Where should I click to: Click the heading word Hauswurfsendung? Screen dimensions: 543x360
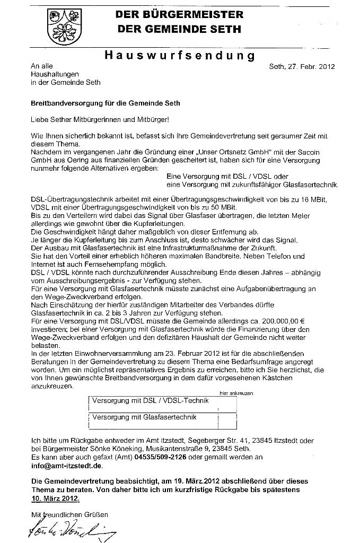[180, 55]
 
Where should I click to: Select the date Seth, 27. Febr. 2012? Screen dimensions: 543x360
[302, 66]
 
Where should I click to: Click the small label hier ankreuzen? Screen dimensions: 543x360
[236, 393]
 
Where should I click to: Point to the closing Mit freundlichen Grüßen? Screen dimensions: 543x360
[69, 514]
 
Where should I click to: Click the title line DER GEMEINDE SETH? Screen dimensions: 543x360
[179, 29]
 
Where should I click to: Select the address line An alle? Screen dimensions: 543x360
[42, 66]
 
